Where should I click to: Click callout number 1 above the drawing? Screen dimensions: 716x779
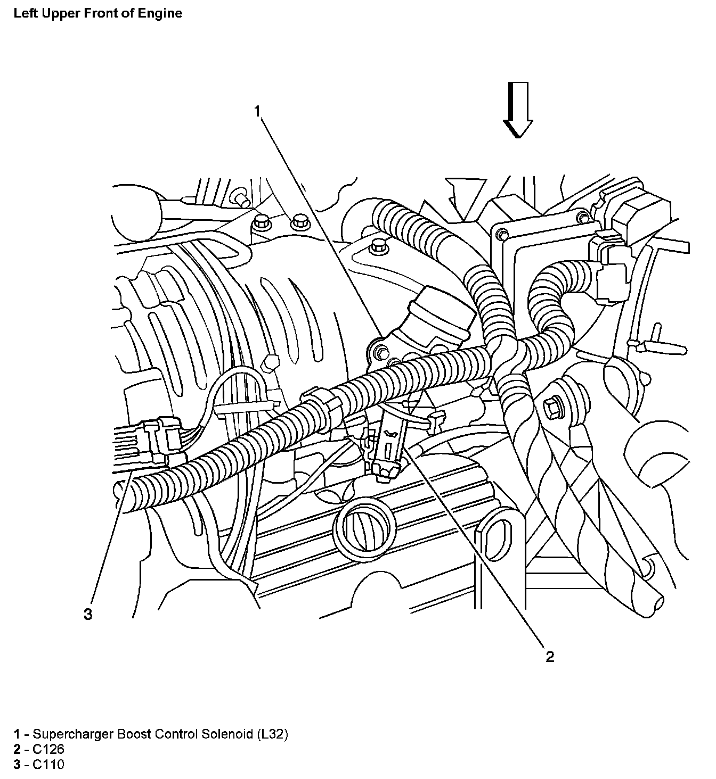[x=257, y=111]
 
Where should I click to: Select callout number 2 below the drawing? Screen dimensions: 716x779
[x=550, y=657]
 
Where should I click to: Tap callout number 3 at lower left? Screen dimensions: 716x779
[x=88, y=615]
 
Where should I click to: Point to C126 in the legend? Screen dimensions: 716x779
[x=48, y=750]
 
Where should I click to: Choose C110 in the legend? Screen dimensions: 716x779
[x=48, y=765]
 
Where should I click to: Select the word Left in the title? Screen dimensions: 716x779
[x=25, y=13]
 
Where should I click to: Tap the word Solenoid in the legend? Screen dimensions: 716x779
[x=227, y=734]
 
